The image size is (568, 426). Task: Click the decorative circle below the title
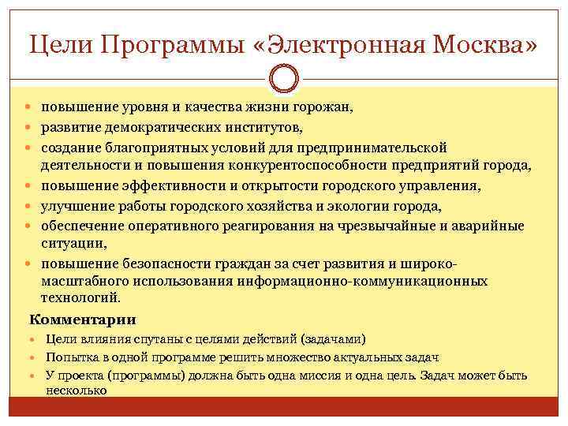click(x=284, y=79)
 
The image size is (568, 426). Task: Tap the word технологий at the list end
click(x=80, y=298)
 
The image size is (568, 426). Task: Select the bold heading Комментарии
click(x=82, y=319)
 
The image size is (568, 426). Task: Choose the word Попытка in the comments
click(x=70, y=357)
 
